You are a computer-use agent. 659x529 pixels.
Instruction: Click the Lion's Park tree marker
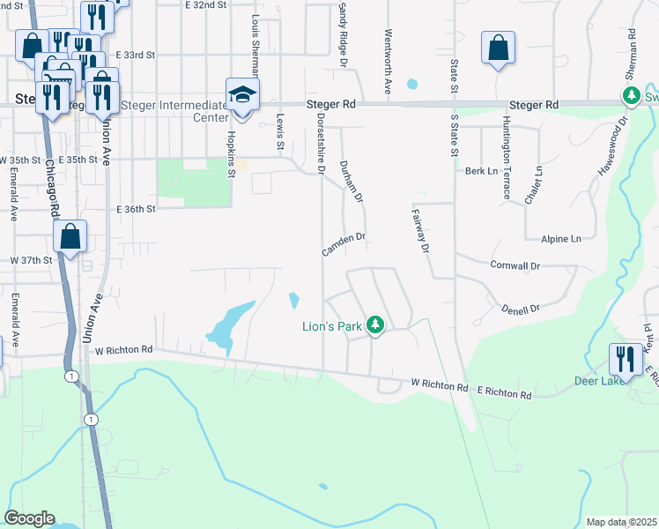pyautogui.click(x=375, y=325)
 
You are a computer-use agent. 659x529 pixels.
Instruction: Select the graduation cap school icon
pyautogui.click(x=242, y=94)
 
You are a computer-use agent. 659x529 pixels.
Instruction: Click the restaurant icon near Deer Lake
pyautogui.click(x=625, y=360)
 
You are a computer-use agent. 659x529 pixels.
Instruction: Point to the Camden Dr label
pyautogui.click(x=344, y=244)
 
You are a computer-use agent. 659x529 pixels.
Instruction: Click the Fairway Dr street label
pyautogui.click(x=420, y=231)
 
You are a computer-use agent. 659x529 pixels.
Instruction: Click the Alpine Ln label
pyautogui.click(x=564, y=239)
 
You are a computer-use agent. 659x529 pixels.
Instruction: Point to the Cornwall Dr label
pyautogui.click(x=515, y=264)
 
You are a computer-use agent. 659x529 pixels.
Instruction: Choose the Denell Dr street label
pyautogui.click(x=519, y=309)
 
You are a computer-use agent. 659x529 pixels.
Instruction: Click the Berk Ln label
pyautogui.click(x=481, y=171)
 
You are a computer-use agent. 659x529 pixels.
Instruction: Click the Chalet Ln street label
pyautogui.click(x=531, y=184)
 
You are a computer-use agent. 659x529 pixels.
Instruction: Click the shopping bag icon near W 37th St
pyautogui.click(x=70, y=237)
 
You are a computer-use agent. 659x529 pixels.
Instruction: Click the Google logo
pyautogui.click(x=29, y=518)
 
